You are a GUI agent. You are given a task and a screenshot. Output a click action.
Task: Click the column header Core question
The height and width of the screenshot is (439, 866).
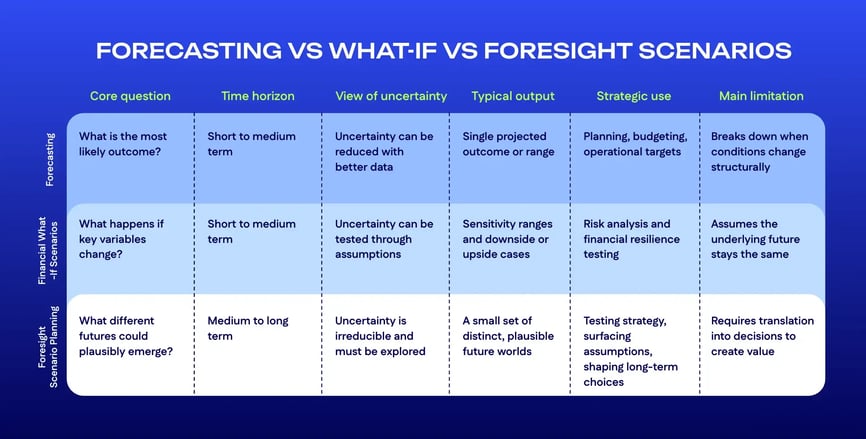coord(130,96)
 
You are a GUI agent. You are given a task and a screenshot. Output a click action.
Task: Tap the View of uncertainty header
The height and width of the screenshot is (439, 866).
coord(391,96)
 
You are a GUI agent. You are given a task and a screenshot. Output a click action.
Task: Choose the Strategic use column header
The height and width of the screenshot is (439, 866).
coord(634,96)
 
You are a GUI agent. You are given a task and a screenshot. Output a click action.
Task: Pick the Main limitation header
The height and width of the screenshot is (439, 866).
coord(761,96)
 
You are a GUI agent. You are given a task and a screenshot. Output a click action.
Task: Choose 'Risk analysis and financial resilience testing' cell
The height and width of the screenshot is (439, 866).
coord(631,239)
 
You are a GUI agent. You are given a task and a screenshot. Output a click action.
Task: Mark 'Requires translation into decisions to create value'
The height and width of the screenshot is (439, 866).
coord(762,336)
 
